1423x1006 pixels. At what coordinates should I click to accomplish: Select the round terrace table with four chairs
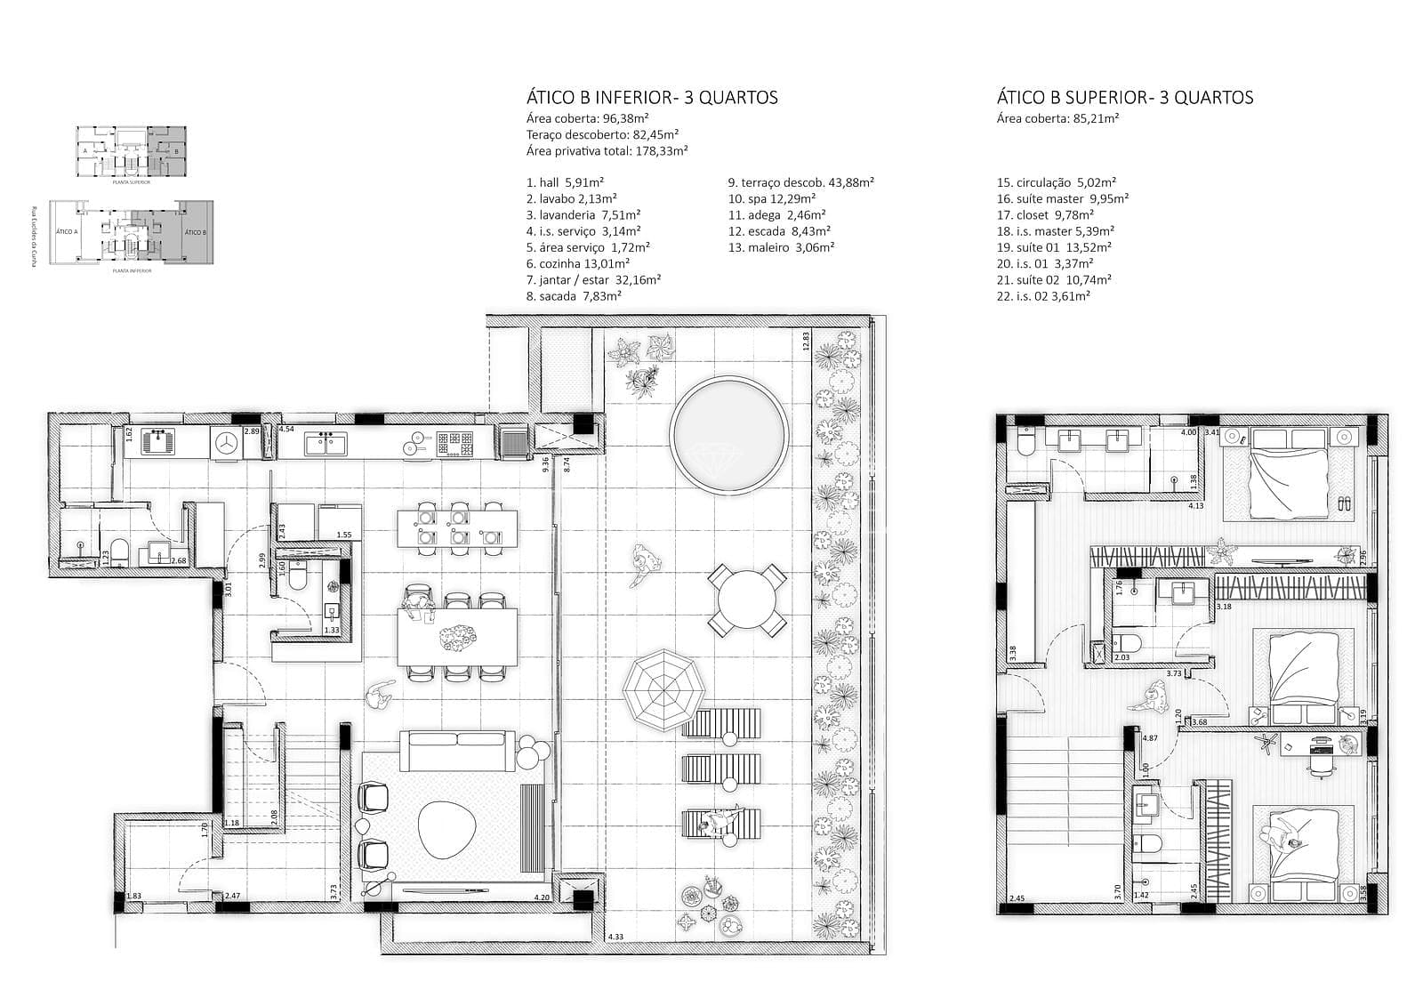point(747,600)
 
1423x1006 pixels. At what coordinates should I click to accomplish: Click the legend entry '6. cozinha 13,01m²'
point(577,263)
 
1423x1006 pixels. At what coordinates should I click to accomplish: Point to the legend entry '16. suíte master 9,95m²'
point(1062,198)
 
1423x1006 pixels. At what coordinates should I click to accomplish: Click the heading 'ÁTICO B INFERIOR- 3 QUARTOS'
point(652,98)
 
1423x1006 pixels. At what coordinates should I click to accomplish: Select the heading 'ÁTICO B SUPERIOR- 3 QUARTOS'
point(1124,98)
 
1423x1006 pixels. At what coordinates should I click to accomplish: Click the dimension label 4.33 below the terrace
point(615,937)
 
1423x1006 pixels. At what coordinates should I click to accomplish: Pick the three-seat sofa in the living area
point(458,751)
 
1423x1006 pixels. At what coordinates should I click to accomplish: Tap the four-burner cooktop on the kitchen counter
point(459,442)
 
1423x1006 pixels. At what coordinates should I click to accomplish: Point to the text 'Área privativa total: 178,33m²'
point(607,151)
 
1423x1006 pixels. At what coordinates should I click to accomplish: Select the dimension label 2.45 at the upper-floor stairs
point(1017,898)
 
